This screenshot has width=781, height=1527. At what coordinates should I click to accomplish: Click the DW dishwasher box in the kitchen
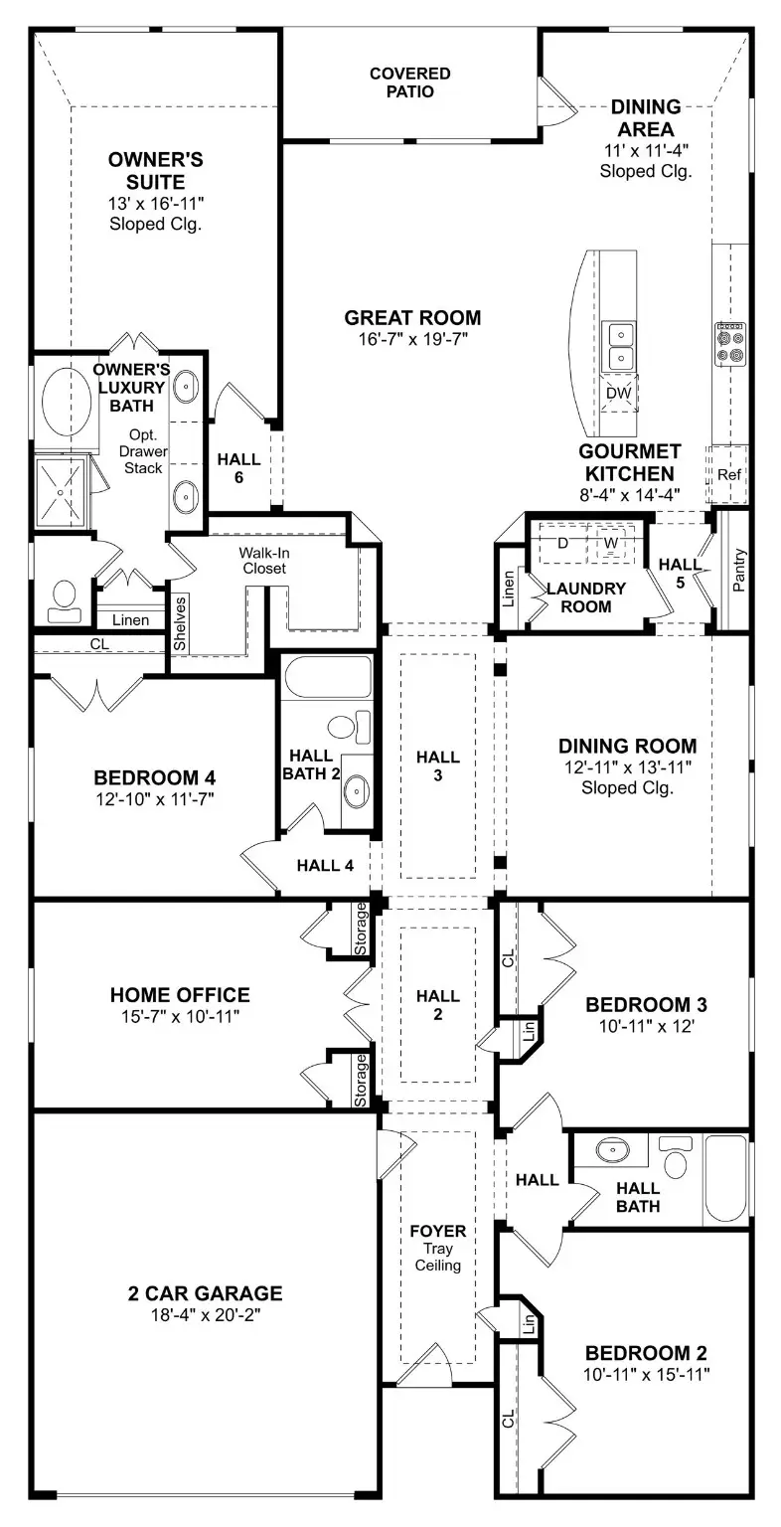(619, 394)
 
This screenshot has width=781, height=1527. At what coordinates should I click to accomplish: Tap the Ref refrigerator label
(728, 475)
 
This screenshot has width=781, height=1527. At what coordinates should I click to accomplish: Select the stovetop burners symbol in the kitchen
(730, 342)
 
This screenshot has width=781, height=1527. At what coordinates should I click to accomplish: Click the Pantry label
(738, 571)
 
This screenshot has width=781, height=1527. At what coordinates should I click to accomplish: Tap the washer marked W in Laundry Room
(611, 543)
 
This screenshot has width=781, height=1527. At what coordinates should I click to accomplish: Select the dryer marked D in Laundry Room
(561, 543)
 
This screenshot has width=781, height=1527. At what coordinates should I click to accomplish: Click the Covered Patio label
(409, 83)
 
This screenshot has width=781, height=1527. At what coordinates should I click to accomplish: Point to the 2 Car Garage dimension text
(205, 1314)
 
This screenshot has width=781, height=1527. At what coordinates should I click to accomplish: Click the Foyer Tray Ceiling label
(438, 1248)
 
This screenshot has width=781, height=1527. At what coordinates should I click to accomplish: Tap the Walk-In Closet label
(262, 561)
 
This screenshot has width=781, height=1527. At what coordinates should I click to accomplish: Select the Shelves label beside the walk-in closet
(180, 623)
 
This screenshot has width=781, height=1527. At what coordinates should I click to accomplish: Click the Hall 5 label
(681, 573)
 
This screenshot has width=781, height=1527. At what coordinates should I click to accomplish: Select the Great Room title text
(412, 318)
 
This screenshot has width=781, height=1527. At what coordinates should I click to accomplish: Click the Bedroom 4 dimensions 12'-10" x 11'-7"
(154, 797)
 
